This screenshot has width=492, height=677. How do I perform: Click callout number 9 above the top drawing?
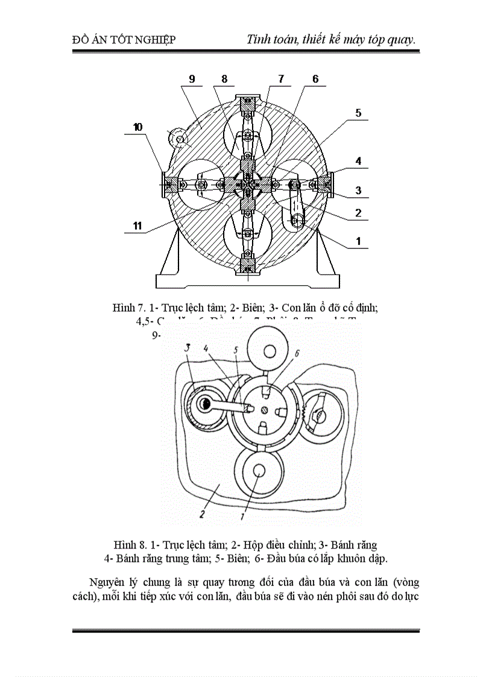click(192, 79)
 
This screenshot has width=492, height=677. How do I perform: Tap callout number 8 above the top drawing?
click(224, 79)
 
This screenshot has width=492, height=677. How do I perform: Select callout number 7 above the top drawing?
click(280, 79)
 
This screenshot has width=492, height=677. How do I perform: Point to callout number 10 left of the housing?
click(138, 127)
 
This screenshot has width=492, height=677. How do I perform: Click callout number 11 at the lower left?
click(137, 226)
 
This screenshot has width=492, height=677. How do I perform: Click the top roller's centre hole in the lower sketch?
click(268, 350)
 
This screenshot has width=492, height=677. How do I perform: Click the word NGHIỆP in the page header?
click(154, 40)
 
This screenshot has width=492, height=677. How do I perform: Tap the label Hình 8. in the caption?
click(128, 546)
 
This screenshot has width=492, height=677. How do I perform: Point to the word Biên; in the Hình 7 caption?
click(250, 307)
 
